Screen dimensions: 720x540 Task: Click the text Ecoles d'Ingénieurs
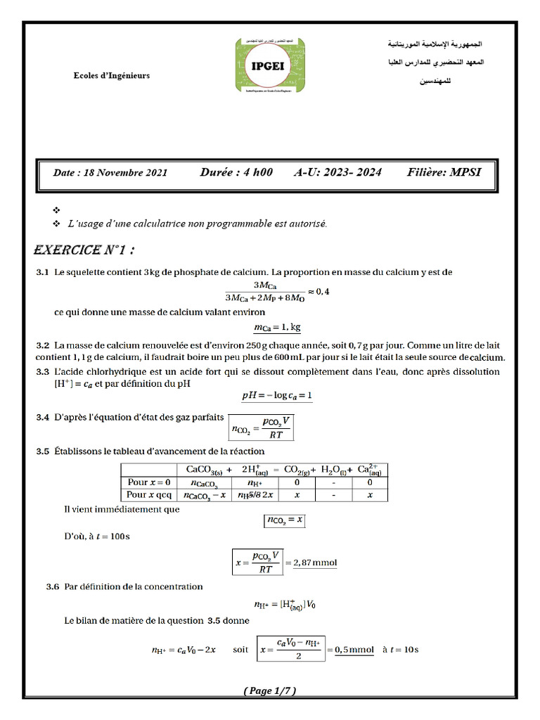click(112, 76)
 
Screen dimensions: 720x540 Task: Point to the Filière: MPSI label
click(444, 172)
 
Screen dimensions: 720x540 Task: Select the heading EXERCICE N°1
click(84, 250)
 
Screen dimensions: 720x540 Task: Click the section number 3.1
click(42, 272)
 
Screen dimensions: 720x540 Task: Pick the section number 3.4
click(42, 418)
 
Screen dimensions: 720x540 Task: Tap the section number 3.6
click(42, 586)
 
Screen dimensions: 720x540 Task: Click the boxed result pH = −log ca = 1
click(277, 396)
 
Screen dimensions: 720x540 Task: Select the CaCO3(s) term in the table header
click(205, 470)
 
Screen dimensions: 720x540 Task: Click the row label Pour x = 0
click(148, 482)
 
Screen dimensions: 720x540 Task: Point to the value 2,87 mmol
click(314, 562)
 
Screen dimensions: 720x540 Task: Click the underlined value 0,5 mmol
click(352, 650)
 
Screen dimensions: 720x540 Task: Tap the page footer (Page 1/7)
click(270, 691)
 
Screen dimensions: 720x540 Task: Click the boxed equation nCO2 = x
click(284, 520)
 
